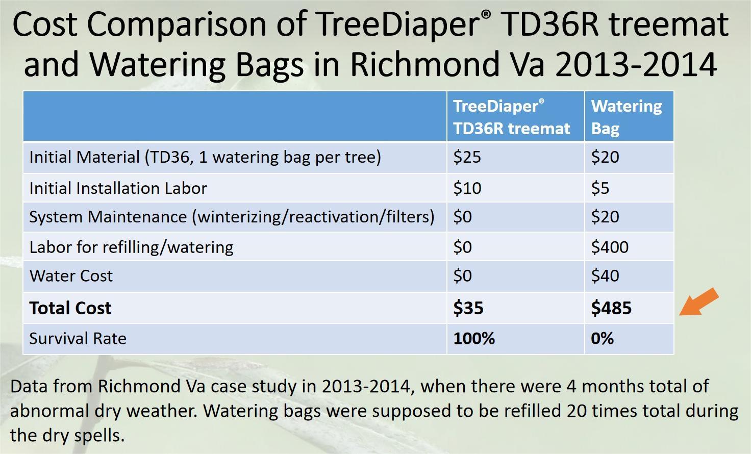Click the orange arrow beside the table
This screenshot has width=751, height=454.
(698, 302)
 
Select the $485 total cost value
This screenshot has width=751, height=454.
(611, 308)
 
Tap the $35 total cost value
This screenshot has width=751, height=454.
(468, 308)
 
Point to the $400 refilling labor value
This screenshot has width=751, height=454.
(610, 247)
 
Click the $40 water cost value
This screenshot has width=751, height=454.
(605, 275)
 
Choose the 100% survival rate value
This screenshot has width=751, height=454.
(474, 338)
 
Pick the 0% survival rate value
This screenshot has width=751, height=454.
(602, 338)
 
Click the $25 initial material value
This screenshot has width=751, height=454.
(467, 157)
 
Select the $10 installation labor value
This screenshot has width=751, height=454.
(467, 188)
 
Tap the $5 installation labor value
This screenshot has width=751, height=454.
(600, 188)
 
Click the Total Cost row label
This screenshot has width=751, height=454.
(70, 308)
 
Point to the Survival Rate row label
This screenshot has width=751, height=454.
(78, 338)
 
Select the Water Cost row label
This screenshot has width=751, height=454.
(71, 275)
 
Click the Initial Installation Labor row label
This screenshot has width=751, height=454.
(118, 188)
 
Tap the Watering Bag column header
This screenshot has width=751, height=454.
(627, 117)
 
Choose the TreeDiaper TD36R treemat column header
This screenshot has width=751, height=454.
(512, 117)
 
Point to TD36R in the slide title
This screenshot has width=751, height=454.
(551, 24)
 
